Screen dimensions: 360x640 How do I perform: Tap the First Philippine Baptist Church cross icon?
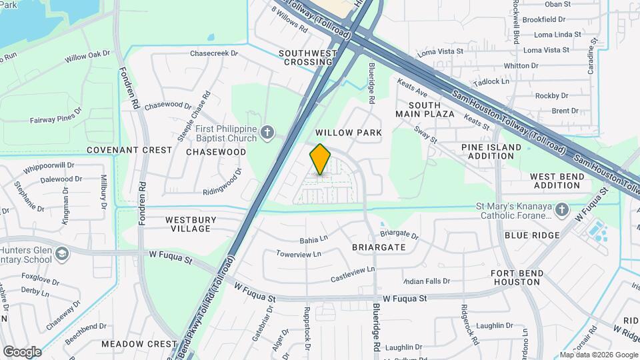click(267, 132)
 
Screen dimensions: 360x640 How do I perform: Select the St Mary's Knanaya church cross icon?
click(562, 211)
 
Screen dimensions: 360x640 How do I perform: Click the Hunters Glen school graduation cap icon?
click(61, 254)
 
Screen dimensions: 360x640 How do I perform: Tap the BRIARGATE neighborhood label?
click(379, 247)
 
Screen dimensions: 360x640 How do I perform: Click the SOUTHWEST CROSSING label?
click(305, 57)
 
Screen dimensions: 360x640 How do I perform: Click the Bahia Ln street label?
click(314, 238)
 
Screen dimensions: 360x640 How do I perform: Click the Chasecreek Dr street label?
click(213, 53)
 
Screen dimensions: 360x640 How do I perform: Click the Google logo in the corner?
click(22, 351)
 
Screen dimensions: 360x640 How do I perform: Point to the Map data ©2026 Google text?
click(598, 355)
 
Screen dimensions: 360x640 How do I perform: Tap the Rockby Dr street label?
click(551, 96)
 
